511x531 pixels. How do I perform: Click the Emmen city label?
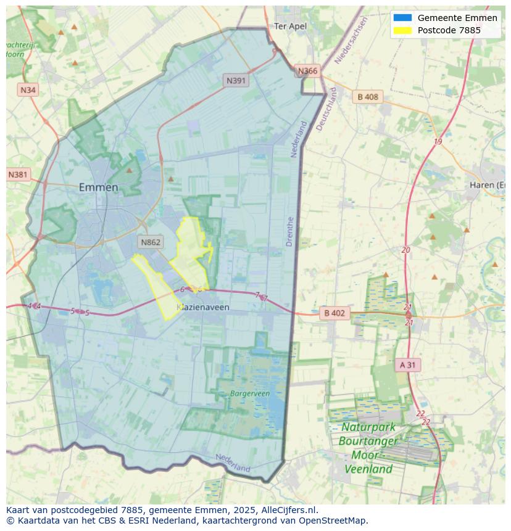[x=98, y=187]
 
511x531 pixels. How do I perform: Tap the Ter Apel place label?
[x=290, y=27]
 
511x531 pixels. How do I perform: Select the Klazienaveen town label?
[x=203, y=307]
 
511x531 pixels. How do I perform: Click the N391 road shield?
[x=236, y=80]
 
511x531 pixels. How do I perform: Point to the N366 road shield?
[x=307, y=71]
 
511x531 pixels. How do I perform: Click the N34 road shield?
[x=28, y=90]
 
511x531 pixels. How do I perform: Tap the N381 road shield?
[x=18, y=175]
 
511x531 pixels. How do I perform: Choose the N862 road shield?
[x=151, y=242]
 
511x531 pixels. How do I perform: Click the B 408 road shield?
[x=368, y=97]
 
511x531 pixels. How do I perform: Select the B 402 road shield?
[x=334, y=313]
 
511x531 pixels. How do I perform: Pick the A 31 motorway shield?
[x=407, y=365]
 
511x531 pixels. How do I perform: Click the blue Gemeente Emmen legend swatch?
[x=402, y=18]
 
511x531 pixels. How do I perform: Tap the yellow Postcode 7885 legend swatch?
[x=402, y=30]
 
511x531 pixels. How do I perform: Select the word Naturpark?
[x=368, y=427]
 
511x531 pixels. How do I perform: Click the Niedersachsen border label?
[x=351, y=40]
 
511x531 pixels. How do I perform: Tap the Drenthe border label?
[x=290, y=231]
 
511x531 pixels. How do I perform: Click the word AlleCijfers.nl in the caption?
[x=288, y=510]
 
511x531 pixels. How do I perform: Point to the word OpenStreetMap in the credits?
[x=334, y=521]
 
